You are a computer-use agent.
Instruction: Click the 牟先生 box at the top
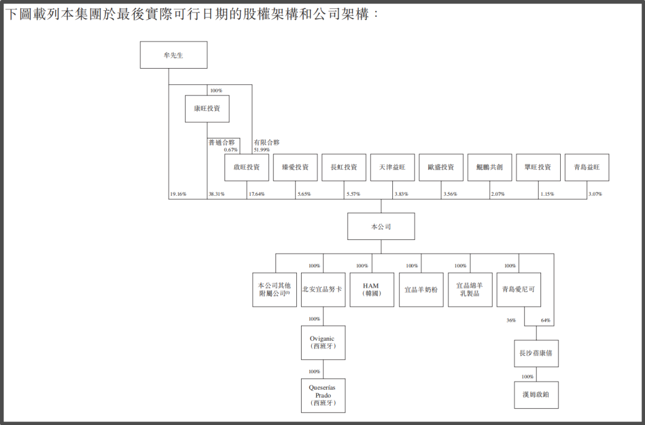[173, 55]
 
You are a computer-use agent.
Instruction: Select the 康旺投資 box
[207, 109]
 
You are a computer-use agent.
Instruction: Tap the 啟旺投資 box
[247, 168]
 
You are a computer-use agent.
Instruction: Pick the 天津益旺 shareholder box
[392, 168]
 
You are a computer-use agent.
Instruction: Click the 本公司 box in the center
[381, 226]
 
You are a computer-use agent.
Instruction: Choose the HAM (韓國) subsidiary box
[371, 290]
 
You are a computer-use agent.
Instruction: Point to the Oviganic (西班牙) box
[323, 343]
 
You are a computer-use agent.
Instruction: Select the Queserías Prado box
[323, 395]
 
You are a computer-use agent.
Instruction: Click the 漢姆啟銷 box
[536, 395]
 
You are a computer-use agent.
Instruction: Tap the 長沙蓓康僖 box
[536, 353]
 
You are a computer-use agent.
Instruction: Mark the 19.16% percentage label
[178, 195]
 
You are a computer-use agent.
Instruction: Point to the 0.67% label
[231, 149]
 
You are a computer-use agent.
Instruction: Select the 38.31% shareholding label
[216, 195]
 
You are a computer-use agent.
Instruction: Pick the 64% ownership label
[545, 321]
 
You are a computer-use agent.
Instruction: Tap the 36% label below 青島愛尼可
[511, 321]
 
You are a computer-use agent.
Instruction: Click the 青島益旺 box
[586, 168]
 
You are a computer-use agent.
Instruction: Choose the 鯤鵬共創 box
[490, 168]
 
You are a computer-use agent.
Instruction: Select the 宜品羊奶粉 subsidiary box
[420, 290]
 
